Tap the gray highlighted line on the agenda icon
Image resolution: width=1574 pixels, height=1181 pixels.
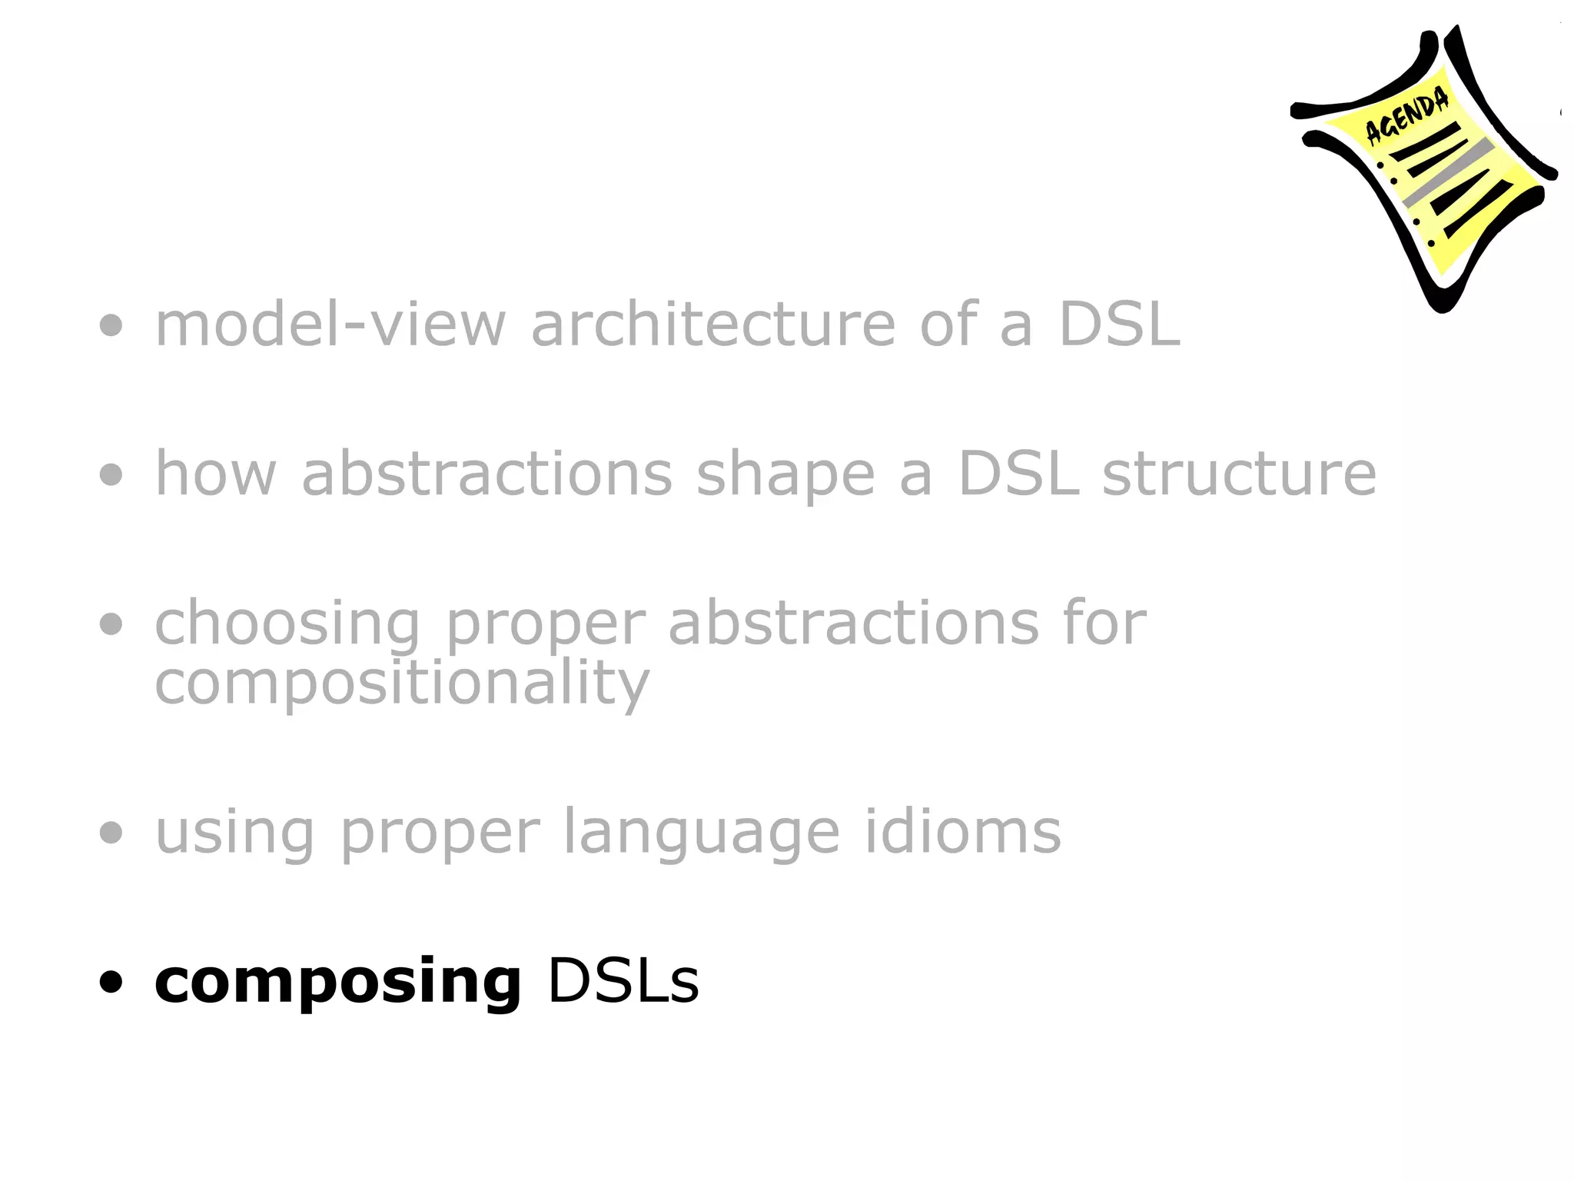1449,173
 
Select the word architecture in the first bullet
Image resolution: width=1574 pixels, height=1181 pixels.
713,324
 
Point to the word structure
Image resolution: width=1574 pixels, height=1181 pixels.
1239,474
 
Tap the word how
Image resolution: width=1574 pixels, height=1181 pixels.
215,474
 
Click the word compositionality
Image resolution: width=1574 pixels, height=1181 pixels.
402,683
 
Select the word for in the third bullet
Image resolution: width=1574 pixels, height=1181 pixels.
1104,622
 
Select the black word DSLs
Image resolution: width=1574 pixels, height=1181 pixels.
623,981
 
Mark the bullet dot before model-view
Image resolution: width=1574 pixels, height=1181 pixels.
111,325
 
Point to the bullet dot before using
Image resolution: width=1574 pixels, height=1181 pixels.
111,832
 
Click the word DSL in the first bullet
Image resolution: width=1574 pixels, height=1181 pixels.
1119,324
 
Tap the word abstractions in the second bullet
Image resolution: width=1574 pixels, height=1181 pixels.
487,474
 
